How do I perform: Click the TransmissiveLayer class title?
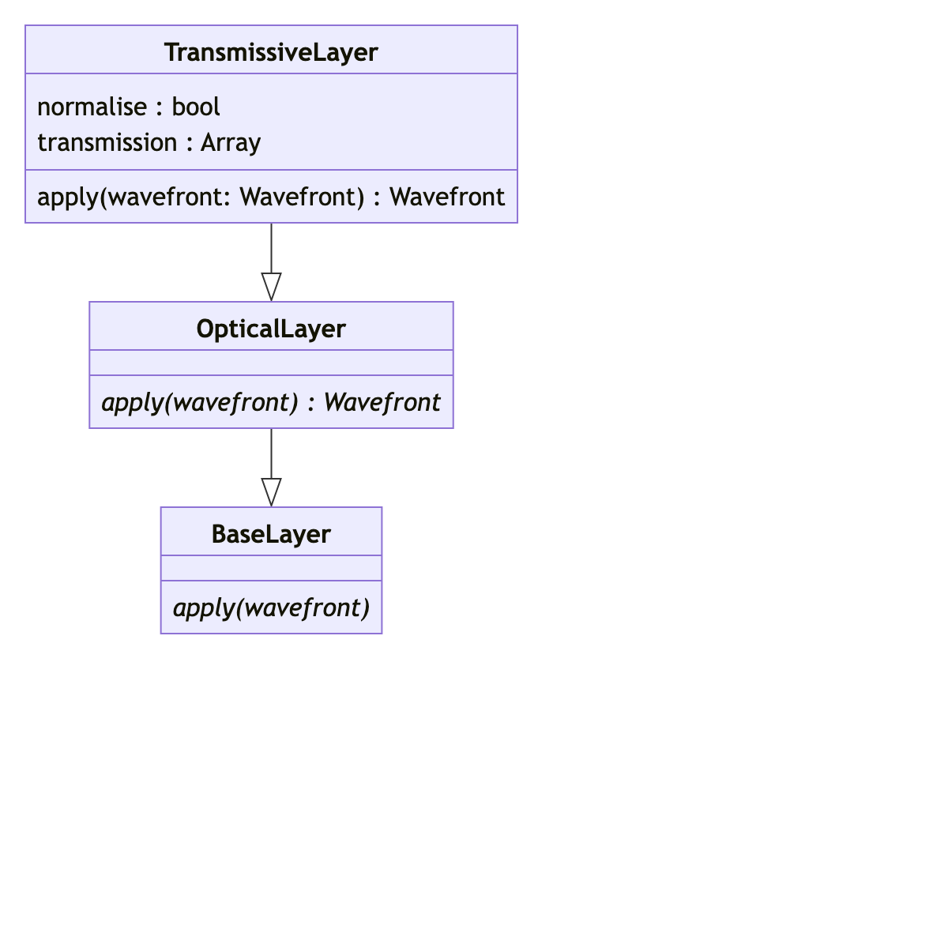pyautogui.click(x=271, y=52)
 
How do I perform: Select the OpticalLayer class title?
pyautogui.click(x=271, y=329)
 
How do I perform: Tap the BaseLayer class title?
pyautogui.click(x=271, y=534)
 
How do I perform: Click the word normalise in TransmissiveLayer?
pyautogui.click(x=92, y=107)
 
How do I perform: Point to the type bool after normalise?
pyautogui.click(x=196, y=107)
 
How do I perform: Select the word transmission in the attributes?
pyautogui.click(x=107, y=142)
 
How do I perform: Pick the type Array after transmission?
pyautogui.click(x=231, y=142)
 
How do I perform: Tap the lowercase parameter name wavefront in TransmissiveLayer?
pyautogui.click(x=167, y=197)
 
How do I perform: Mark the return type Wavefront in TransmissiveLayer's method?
pyautogui.click(x=447, y=197)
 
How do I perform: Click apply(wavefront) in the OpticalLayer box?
pyautogui.click(x=200, y=402)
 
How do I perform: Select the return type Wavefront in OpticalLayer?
pyautogui.click(x=382, y=402)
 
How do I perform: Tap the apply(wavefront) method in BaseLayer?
pyautogui.click(x=271, y=608)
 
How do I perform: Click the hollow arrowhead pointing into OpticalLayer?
pyautogui.click(x=271, y=287)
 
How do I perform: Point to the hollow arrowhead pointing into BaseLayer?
pyautogui.click(x=271, y=492)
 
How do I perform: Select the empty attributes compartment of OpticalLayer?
pyautogui.click(x=271, y=363)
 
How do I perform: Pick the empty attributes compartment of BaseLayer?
pyautogui.click(x=271, y=568)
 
